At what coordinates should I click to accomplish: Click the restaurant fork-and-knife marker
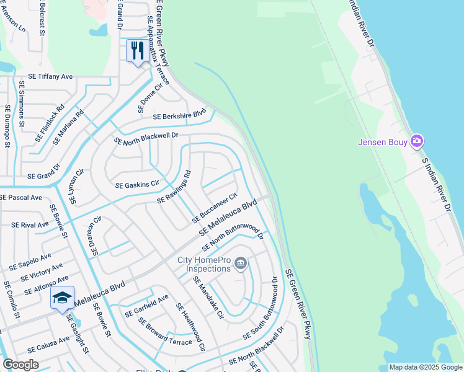(136, 50)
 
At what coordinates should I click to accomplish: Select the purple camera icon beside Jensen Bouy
(417, 142)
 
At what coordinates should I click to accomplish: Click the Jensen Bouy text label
(383, 143)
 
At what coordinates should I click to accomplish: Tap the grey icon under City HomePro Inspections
(240, 265)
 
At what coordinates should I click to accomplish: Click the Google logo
(20, 364)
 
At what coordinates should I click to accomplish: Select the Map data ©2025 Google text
(425, 367)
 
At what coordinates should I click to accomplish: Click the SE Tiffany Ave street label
(46, 77)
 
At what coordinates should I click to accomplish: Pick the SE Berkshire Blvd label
(179, 115)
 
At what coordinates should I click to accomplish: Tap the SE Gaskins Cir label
(137, 184)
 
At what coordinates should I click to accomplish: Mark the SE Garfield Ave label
(146, 306)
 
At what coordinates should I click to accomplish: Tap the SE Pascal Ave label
(21, 197)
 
